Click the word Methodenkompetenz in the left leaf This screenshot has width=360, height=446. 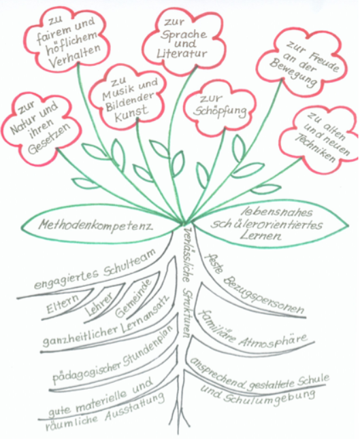(96, 226)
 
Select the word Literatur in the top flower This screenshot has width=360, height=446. (182, 53)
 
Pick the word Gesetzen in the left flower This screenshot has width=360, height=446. (49, 139)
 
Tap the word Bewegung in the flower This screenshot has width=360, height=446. (293, 73)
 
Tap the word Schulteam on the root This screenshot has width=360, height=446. (129, 263)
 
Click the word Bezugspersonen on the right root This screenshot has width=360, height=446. (263, 296)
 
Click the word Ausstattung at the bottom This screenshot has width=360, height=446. (135, 409)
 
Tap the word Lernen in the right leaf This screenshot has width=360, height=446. (261, 236)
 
